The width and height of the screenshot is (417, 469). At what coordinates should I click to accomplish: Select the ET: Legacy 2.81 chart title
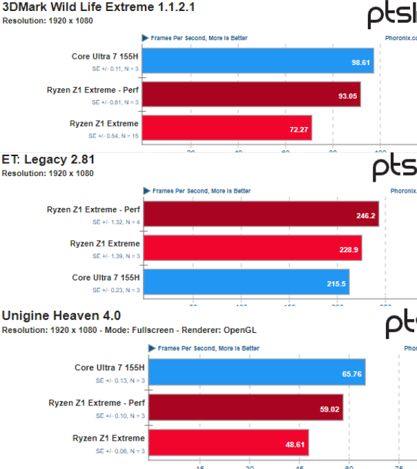[48, 160]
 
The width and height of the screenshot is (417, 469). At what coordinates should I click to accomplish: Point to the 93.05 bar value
[347, 95]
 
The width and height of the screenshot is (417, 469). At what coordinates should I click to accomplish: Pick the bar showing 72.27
[228, 128]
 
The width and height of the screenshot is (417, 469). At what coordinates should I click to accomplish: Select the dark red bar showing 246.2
[261, 215]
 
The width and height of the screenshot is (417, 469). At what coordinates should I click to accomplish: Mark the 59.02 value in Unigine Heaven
[329, 407]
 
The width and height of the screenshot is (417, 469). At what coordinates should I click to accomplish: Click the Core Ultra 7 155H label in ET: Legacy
[106, 278]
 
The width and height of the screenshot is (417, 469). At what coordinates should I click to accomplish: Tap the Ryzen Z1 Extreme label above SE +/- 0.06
[108, 438]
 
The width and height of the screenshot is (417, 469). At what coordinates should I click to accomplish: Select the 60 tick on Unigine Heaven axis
[349, 466]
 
